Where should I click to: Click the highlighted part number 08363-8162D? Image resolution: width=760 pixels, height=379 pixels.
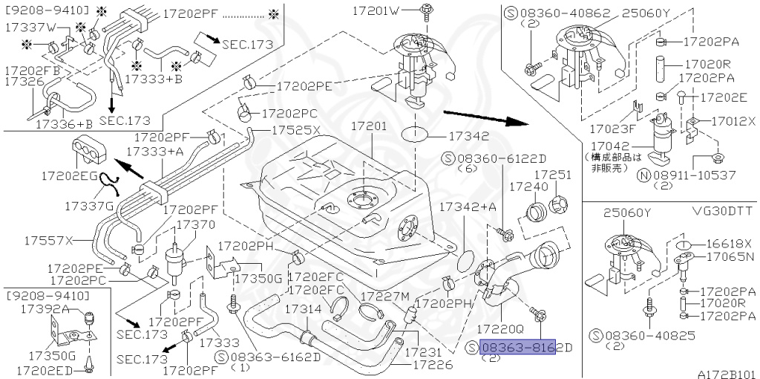point(517,348)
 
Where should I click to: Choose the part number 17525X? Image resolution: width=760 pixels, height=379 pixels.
point(295,129)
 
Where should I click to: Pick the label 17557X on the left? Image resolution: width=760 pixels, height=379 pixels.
point(48,241)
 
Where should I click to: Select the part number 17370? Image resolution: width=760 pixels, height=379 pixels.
point(194,224)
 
